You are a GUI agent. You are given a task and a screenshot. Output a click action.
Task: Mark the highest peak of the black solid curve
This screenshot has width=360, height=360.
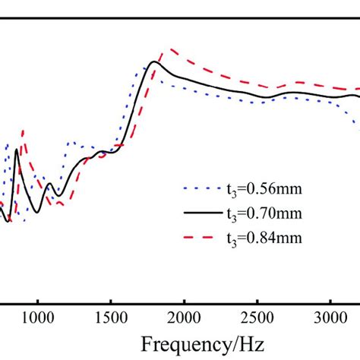(x=154, y=62)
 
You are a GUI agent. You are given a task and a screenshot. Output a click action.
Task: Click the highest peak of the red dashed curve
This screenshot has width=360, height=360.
(x=173, y=49)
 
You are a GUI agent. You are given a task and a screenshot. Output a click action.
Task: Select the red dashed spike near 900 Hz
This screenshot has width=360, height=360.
(x=23, y=131)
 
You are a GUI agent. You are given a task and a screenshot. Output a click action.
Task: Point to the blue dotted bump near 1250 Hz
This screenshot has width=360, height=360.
(x=71, y=142)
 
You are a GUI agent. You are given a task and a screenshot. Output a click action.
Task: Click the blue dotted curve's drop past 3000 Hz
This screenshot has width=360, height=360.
(x=354, y=122)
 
